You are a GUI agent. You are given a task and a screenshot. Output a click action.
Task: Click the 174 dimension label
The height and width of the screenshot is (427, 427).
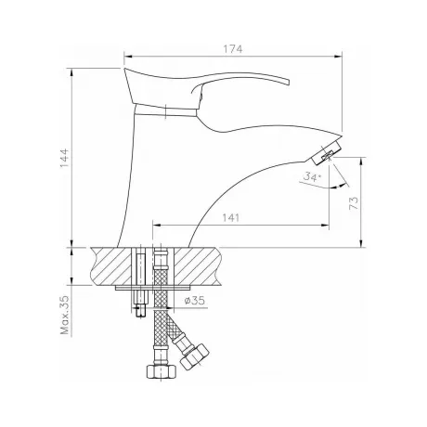point(233,49)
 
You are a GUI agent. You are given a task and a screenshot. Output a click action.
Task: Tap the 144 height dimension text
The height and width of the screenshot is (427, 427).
point(64,158)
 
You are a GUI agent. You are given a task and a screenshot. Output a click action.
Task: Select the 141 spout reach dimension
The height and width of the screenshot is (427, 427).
point(231,218)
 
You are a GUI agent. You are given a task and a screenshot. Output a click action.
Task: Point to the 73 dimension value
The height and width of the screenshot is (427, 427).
point(354,202)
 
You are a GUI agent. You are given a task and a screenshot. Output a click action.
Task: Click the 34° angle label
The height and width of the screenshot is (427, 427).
point(312,176)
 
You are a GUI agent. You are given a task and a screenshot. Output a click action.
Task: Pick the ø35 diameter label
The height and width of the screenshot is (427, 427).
point(194,300)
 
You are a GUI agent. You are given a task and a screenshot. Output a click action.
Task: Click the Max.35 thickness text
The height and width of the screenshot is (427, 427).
point(65,315)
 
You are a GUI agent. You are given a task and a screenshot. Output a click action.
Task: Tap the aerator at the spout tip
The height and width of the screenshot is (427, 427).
point(326,152)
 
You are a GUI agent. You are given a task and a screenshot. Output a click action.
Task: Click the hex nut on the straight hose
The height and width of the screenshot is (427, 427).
point(161,370)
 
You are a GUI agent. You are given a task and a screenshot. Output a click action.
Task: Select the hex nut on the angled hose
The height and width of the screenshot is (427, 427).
point(194,356)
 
